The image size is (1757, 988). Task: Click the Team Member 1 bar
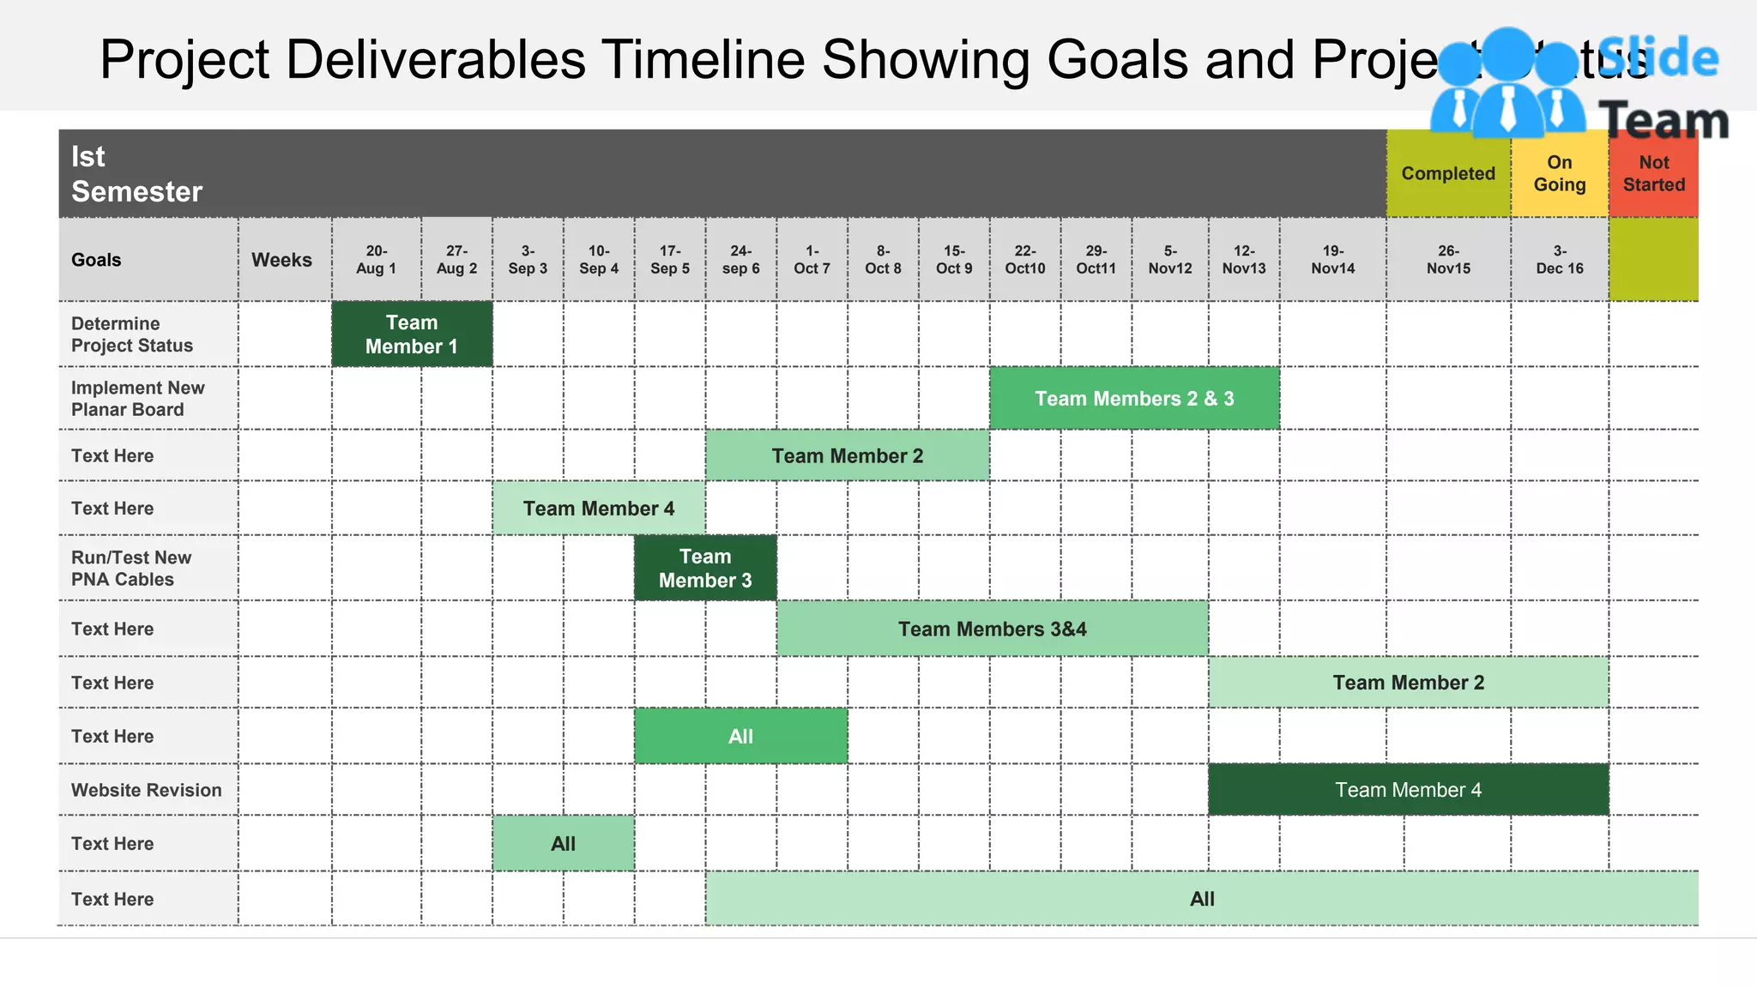point(412,334)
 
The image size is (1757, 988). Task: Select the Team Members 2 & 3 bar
point(1134,399)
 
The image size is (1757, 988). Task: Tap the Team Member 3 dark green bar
point(705,569)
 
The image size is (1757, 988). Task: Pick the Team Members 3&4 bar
point(993,630)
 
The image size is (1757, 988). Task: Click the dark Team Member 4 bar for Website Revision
point(1408,790)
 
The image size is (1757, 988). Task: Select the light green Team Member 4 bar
point(599,509)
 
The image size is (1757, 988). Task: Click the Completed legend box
point(1448,174)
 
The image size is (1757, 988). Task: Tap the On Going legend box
point(1559,174)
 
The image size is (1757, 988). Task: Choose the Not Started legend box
point(1653,174)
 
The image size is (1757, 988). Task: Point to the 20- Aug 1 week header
point(376,260)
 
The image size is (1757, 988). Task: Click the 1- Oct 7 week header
point(812,260)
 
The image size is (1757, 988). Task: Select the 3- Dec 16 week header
point(1559,260)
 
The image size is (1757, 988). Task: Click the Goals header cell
point(96,260)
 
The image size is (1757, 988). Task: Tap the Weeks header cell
point(281,260)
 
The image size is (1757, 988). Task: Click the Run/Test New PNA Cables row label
point(130,569)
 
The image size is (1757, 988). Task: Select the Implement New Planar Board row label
point(137,399)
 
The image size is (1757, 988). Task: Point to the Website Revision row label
point(146,790)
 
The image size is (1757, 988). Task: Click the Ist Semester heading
point(136,174)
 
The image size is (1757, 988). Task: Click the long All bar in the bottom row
point(1201,899)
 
